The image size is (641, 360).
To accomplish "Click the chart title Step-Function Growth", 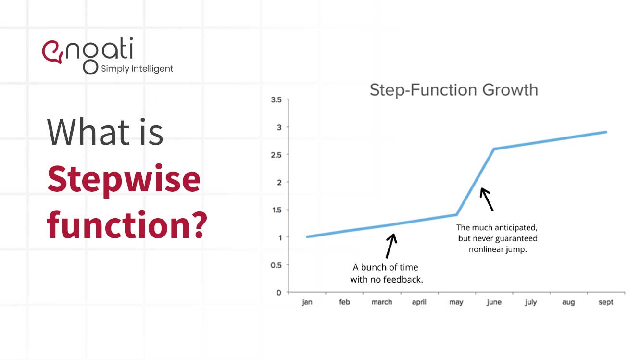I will (x=453, y=90).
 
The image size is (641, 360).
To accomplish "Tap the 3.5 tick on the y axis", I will (x=276, y=100).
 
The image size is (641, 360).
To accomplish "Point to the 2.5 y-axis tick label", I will (x=276, y=155).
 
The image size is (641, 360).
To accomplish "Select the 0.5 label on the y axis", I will (x=276, y=265).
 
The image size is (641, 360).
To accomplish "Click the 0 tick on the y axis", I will (x=279, y=292).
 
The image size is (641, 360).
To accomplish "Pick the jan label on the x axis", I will (x=307, y=302).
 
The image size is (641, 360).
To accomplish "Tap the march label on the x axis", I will (x=382, y=302).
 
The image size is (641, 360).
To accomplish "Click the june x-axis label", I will (x=494, y=302).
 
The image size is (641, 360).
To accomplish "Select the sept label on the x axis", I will (x=606, y=302).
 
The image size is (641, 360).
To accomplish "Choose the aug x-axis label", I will (x=568, y=302).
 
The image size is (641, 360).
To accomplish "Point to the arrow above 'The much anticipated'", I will (x=487, y=199).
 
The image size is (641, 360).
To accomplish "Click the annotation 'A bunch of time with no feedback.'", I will (x=386, y=273).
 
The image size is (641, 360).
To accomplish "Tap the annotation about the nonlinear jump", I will (x=497, y=238).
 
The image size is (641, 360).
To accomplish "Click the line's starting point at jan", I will (x=307, y=237).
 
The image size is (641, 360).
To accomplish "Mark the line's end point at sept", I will (x=606, y=132).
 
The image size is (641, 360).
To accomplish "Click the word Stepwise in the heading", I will (x=124, y=178).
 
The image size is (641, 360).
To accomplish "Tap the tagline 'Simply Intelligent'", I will (x=137, y=69).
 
